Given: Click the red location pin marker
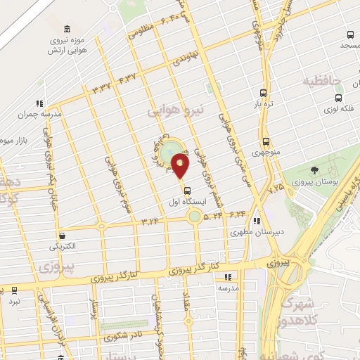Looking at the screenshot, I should pyautogui.click(x=181, y=167).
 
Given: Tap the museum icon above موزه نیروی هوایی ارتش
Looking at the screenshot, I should pyautogui.click(x=67, y=29).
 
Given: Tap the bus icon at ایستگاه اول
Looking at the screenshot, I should pyautogui.click(x=187, y=190).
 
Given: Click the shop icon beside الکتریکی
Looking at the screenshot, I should pyautogui.click(x=63, y=236).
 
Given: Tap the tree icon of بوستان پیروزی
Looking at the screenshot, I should pyautogui.click(x=314, y=169).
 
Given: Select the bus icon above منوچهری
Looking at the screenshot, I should pyautogui.click(x=266, y=141).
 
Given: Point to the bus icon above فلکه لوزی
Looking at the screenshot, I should pyautogui.click(x=339, y=98).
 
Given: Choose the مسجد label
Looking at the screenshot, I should pyautogui.click(x=349, y=46).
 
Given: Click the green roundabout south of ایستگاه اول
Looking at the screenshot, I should pyautogui.click(x=194, y=216).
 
